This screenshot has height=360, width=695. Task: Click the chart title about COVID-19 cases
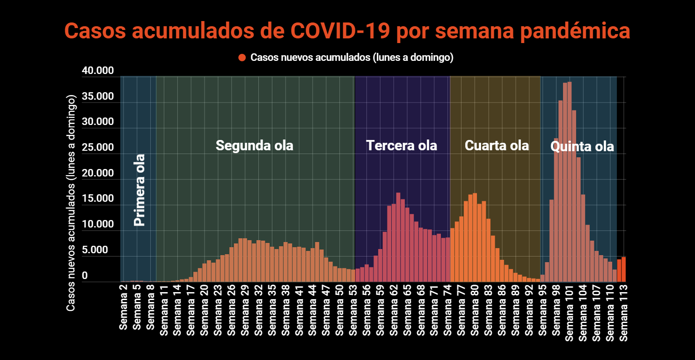pyautogui.click(x=347, y=31)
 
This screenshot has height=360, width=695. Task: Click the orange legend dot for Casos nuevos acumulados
pyautogui.click(x=242, y=58)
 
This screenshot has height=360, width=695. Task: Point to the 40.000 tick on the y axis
pyautogui.click(x=98, y=71)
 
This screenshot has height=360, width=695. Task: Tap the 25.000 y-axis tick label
pyautogui.click(x=98, y=147)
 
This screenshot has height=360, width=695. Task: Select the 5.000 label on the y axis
pyautogui.click(x=101, y=250)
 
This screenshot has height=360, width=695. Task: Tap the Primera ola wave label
pyautogui.click(x=139, y=190)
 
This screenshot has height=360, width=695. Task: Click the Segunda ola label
pyautogui.click(x=254, y=145)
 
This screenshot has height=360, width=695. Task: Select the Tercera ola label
pyautogui.click(x=401, y=145)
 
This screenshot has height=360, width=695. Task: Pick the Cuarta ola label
pyautogui.click(x=497, y=145)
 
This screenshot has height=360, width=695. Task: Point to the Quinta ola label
pyautogui.click(x=582, y=147)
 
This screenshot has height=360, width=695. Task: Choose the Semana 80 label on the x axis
pyautogui.click(x=475, y=309)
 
